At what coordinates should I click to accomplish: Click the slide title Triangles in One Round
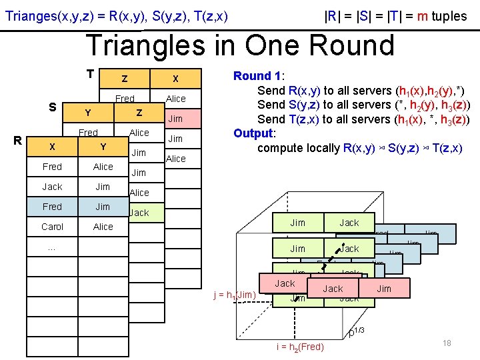click(x=240, y=45)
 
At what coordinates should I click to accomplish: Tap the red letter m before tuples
click(x=421, y=16)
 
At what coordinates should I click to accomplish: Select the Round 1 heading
click(x=257, y=76)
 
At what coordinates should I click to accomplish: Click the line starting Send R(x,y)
click(x=361, y=91)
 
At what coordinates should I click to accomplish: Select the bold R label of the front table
click(x=20, y=141)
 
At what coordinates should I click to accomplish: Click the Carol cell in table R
click(x=52, y=227)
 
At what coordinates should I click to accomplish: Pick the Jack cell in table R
click(x=52, y=187)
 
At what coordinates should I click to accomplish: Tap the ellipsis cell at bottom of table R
click(x=52, y=247)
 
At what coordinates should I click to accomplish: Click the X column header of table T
click(x=175, y=79)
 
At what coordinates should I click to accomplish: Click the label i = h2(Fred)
click(x=300, y=347)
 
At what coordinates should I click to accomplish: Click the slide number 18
click(x=447, y=343)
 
